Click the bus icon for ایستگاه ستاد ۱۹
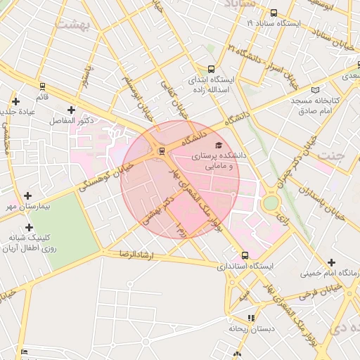[274, 13]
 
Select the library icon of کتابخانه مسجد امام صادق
[314, 89]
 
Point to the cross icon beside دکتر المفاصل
[71, 110]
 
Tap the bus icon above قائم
[42, 86]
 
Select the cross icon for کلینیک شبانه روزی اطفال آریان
[29, 227]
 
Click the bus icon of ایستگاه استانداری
[245, 255]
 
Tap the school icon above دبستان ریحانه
[251, 318]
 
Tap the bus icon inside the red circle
[162, 150]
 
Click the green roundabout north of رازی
[271, 203]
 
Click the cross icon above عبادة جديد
[15, 102]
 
